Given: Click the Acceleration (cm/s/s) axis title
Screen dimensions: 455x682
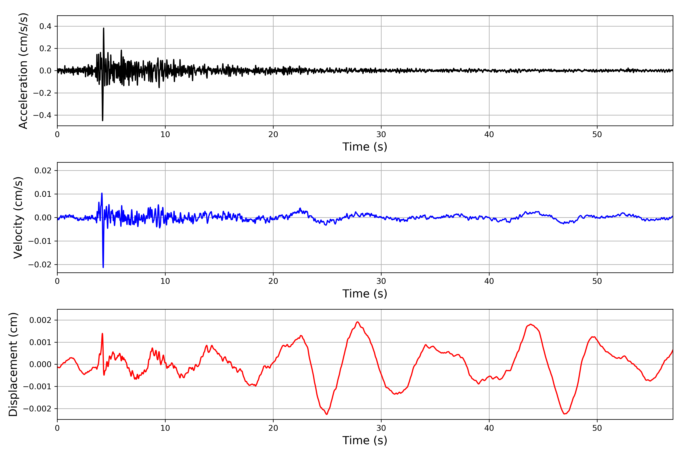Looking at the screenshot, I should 23,71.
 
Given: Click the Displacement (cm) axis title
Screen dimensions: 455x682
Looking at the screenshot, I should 13,364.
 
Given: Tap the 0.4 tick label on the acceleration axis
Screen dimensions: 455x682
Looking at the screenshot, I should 45,26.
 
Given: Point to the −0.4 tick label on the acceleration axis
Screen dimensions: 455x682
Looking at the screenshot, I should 42,115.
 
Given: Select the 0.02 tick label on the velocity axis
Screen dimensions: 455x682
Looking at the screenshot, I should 43,171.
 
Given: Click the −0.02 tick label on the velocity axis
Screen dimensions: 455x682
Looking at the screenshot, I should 40,265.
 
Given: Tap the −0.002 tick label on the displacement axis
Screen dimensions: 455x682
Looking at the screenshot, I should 37,409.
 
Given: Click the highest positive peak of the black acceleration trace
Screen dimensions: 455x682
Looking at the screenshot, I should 103,28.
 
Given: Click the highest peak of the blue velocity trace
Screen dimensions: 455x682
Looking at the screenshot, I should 102,193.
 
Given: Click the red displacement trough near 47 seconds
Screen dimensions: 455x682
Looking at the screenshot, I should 565,414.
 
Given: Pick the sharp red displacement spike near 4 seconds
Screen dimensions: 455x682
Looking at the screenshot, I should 102,333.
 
